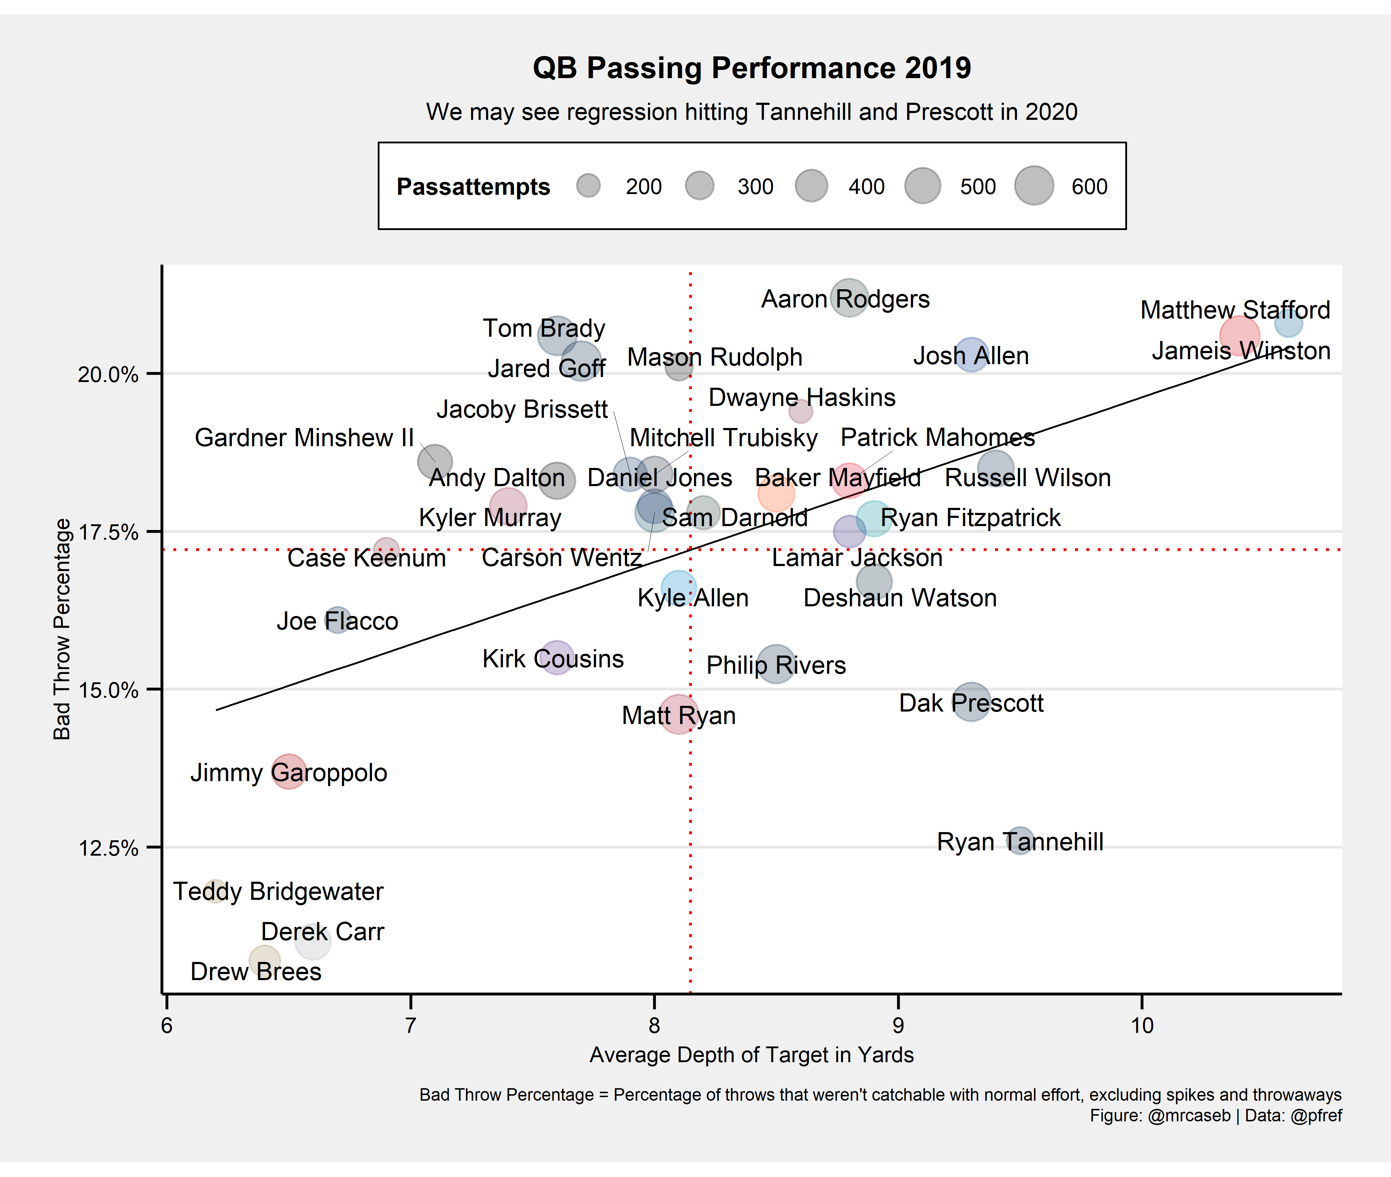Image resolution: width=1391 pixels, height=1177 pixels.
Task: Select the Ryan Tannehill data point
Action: [x=1020, y=841]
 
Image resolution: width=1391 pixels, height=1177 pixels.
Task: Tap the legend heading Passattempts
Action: [x=473, y=187]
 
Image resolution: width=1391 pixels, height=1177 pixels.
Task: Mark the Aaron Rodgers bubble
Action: [x=849, y=297]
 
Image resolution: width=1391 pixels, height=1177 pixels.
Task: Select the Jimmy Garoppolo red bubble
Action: [x=288, y=771]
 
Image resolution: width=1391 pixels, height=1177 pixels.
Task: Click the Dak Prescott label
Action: [x=971, y=703]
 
